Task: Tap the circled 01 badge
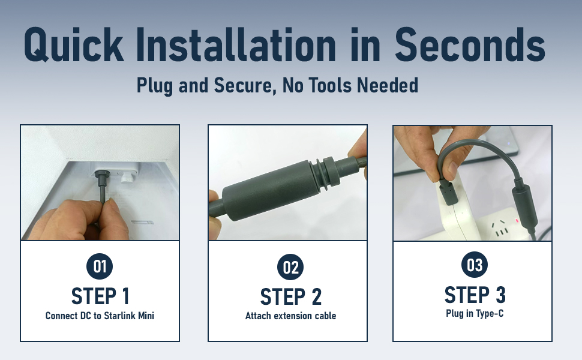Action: pyautogui.click(x=100, y=266)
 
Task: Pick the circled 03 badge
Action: pyautogui.click(x=475, y=265)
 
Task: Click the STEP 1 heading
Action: pyautogui.click(x=100, y=296)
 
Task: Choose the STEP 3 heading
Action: pyautogui.click(x=475, y=295)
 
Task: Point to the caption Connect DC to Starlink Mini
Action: pyautogui.click(x=100, y=316)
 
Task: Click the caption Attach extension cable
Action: pyautogui.click(x=290, y=316)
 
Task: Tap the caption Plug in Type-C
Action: pyautogui.click(x=475, y=313)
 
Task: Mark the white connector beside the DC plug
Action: pyautogui.click(x=127, y=177)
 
